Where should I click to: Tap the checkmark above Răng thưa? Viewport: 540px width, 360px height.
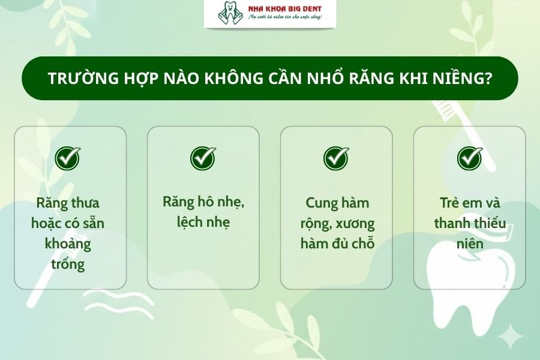click(x=68, y=158)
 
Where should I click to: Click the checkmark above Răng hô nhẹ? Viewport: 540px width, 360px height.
click(x=203, y=158)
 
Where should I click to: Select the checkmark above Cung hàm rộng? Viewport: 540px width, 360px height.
click(x=336, y=158)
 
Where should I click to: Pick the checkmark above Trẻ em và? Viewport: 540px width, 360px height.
click(x=470, y=158)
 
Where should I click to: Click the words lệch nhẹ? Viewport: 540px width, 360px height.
click(x=203, y=223)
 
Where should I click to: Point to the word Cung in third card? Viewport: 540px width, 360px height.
click(x=319, y=203)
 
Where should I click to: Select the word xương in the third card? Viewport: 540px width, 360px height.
click(x=355, y=224)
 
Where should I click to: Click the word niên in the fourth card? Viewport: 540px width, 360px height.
click(x=469, y=244)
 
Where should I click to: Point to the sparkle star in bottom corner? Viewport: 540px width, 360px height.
click(x=510, y=337)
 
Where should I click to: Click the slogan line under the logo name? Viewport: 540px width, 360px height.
click(x=285, y=18)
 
